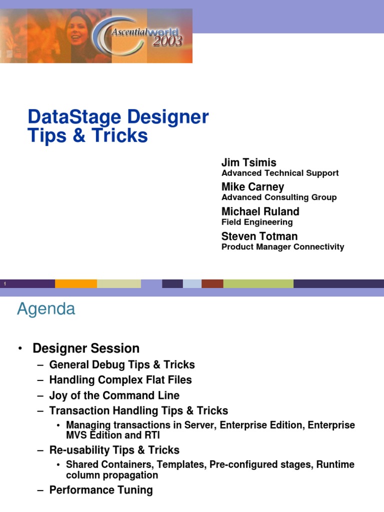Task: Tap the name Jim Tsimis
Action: pos(248,162)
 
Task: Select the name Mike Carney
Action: pos(252,187)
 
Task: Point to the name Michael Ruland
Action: pos(260,211)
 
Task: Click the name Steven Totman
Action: pos(259,235)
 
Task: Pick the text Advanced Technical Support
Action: pos(280,173)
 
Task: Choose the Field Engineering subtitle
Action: pos(257,222)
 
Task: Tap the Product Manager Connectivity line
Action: pos(282,246)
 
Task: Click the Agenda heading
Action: pos(46,309)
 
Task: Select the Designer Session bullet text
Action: pos(86,348)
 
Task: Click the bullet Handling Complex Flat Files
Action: pos(120,380)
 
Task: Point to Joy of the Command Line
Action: pos(114,395)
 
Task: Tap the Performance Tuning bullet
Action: pos(101,490)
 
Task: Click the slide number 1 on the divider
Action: pos(4,284)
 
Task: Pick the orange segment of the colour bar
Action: pos(76,283)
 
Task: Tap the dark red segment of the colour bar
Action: pos(212,283)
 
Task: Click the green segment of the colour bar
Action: pos(258,283)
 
